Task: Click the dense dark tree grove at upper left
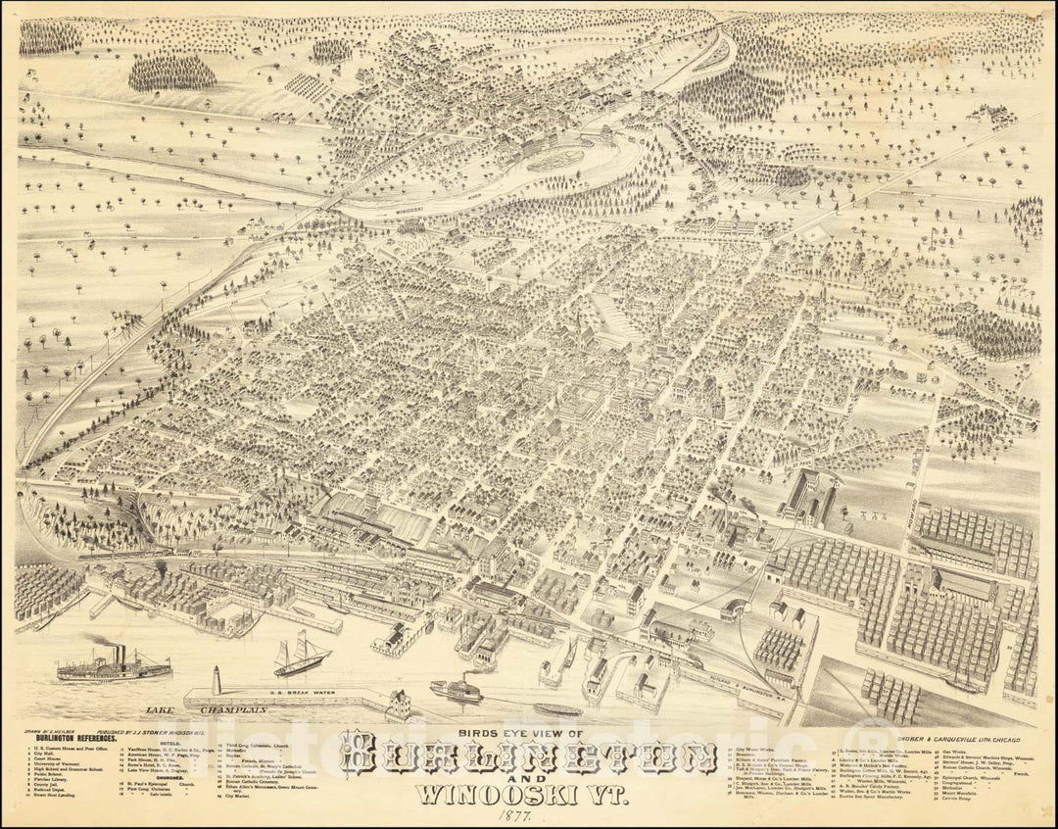point(172,71)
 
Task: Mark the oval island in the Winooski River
point(565,161)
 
